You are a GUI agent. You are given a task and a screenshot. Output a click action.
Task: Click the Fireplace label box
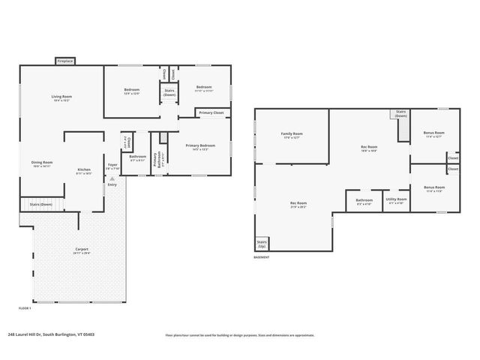pos(64,61)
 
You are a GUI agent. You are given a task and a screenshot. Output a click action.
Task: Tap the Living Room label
pos(61,97)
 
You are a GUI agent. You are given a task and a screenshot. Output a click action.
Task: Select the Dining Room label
pos(42,163)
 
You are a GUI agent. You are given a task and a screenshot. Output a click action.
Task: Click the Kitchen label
pos(84,170)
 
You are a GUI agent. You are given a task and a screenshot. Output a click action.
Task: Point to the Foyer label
pos(112,164)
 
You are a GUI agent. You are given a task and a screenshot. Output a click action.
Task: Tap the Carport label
pos(82,249)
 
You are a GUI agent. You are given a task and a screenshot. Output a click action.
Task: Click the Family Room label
pos(292,133)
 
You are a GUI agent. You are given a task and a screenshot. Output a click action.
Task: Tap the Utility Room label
pos(395,200)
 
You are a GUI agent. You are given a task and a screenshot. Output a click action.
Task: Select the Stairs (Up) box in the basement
pos(262,244)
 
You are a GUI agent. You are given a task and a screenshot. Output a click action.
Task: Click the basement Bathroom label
pos(364,200)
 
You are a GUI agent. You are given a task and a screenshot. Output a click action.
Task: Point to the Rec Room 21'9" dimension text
pos(298,206)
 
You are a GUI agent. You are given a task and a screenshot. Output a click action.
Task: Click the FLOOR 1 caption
pos(25,308)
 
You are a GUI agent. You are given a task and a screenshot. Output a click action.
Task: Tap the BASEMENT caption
pos(262,256)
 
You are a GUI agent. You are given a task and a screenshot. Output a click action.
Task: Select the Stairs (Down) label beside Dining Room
pos(41,204)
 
